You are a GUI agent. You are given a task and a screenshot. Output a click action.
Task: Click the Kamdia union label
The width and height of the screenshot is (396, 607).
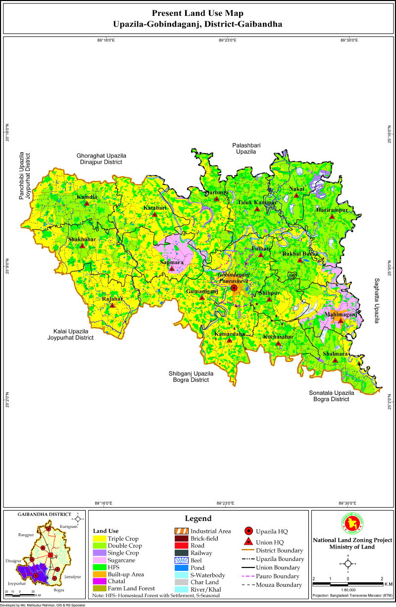click(87, 197)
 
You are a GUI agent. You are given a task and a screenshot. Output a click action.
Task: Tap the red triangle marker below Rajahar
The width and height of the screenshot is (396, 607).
click(112, 305)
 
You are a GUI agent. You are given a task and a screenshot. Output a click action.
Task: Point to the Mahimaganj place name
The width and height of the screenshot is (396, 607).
click(340, 314)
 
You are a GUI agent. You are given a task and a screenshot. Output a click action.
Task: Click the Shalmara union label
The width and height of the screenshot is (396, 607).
click(335, 354)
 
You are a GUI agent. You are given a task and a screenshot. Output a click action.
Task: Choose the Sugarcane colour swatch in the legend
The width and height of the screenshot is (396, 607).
click(99, 560)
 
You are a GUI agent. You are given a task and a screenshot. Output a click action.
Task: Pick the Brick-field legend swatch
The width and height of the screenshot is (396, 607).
click(181, 538)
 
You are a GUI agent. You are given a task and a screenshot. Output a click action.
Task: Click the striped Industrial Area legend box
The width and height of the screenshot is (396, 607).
click(181, 531)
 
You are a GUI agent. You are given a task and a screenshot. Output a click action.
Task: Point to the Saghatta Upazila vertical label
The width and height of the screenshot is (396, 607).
click(376, 300)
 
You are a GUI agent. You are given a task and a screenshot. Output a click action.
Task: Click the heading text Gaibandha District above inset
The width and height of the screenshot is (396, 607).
click(44, 514)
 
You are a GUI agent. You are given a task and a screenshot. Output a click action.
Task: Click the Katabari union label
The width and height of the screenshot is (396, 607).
click(154, 208)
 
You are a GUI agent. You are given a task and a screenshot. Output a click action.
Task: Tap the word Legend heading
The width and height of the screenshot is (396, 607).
click(198, 518)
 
